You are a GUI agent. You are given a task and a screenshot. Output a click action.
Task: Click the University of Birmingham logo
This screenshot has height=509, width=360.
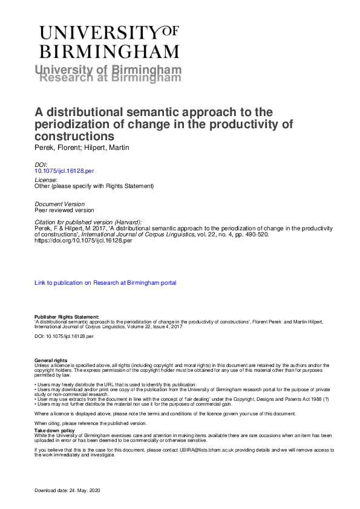pos(109,42)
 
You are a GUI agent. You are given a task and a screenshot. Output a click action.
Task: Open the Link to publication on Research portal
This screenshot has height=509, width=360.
pos(105,282)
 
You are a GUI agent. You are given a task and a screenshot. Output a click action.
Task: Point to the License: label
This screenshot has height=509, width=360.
pos(46,180)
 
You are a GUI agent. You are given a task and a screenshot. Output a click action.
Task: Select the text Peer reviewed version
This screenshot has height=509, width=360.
pos(64,210)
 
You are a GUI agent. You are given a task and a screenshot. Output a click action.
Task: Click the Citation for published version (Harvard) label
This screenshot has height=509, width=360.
pos(88,222)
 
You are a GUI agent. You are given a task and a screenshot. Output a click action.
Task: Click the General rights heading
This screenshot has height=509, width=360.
pos(51,361)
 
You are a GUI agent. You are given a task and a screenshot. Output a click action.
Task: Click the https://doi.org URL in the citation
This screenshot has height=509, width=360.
pos(80,240)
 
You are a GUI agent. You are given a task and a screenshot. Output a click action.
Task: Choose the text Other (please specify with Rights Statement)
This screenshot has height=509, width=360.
pos(94,186)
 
